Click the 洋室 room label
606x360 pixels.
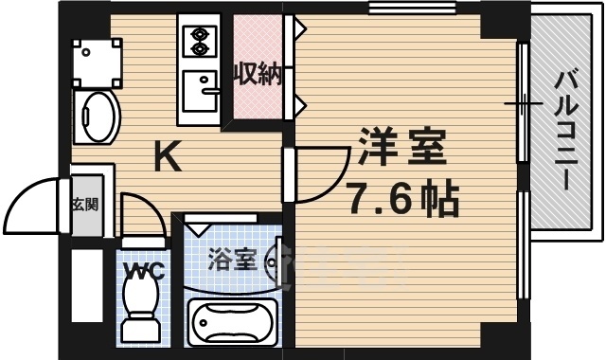[x=401, y=151]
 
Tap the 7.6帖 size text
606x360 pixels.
[x=403, y=199]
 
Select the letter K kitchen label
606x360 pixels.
[x=168, y=157]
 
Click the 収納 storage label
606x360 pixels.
[x=258, y=72]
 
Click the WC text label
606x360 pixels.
[x=145, y=272]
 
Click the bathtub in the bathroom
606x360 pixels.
[x=233, y=321]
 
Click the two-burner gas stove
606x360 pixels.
[x=200, y=39]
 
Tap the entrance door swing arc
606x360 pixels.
[x=36, y=199]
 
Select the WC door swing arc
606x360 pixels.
[x=137, y=212]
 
